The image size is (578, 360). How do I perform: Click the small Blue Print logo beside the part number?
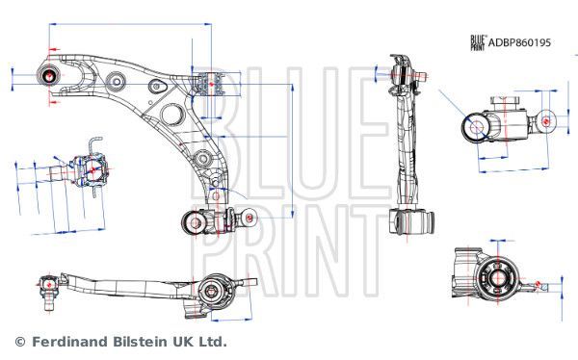pos(477,41)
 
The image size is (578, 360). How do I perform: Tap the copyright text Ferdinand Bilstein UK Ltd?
pos(120,342)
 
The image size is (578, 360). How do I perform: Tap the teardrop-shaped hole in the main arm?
pos(173,116)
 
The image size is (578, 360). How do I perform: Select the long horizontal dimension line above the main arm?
pos(125,44)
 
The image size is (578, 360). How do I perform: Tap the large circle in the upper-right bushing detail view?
pos(477,127)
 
